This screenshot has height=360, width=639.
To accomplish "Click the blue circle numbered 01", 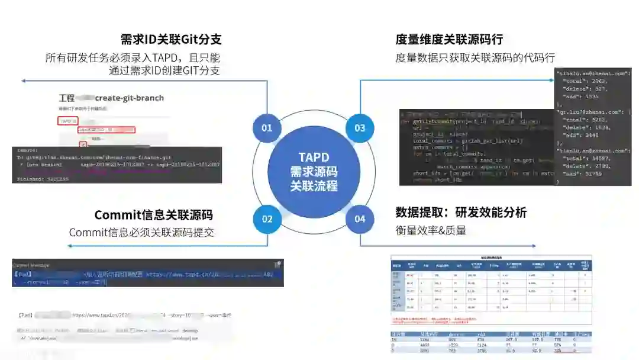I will (267, 128).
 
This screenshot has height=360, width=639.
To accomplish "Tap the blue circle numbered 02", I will (267, 219).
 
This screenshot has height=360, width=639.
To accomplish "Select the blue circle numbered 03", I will (360, 128).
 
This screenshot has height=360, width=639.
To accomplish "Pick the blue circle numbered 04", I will (360, 219).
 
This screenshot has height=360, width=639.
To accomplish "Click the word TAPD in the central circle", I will (314, 158).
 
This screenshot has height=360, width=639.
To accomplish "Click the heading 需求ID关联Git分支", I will (171, 40).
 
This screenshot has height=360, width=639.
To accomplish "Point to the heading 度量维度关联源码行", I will (449, 40).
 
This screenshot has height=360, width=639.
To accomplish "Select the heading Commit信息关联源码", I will (153, 215).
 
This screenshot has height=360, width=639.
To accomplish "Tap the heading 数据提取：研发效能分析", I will (461, 213).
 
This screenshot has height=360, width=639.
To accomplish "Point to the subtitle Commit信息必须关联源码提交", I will (141, 233).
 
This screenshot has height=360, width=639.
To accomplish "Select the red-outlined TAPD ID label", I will (67, 121).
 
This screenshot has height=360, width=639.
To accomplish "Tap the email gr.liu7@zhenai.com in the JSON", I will (592, 111).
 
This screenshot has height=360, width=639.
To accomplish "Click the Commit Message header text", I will (31, 265).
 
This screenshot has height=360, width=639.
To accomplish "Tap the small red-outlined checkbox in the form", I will (83, 143).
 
